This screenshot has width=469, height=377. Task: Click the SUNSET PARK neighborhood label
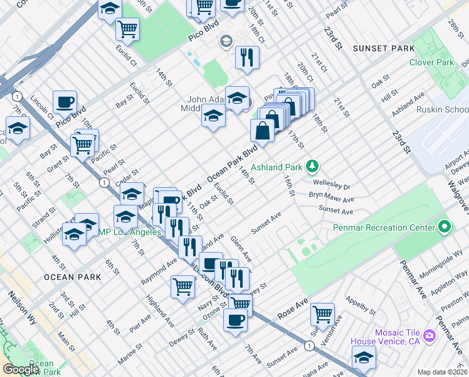(x=383, y=48)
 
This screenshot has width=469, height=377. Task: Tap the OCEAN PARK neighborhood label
(x=72, y=277)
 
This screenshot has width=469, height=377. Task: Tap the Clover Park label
(x=431, y=62)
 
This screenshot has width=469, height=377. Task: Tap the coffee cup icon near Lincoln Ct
(x=65, y=101)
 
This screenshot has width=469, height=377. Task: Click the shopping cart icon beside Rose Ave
(x=322, y=312)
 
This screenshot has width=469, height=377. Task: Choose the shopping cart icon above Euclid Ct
(x=128, y=28)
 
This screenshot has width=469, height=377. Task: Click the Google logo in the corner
(x=21, y=369)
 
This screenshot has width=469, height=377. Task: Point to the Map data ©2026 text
(x=443, y=372)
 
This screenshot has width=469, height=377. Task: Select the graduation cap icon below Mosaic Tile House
(x=364, y=356)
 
